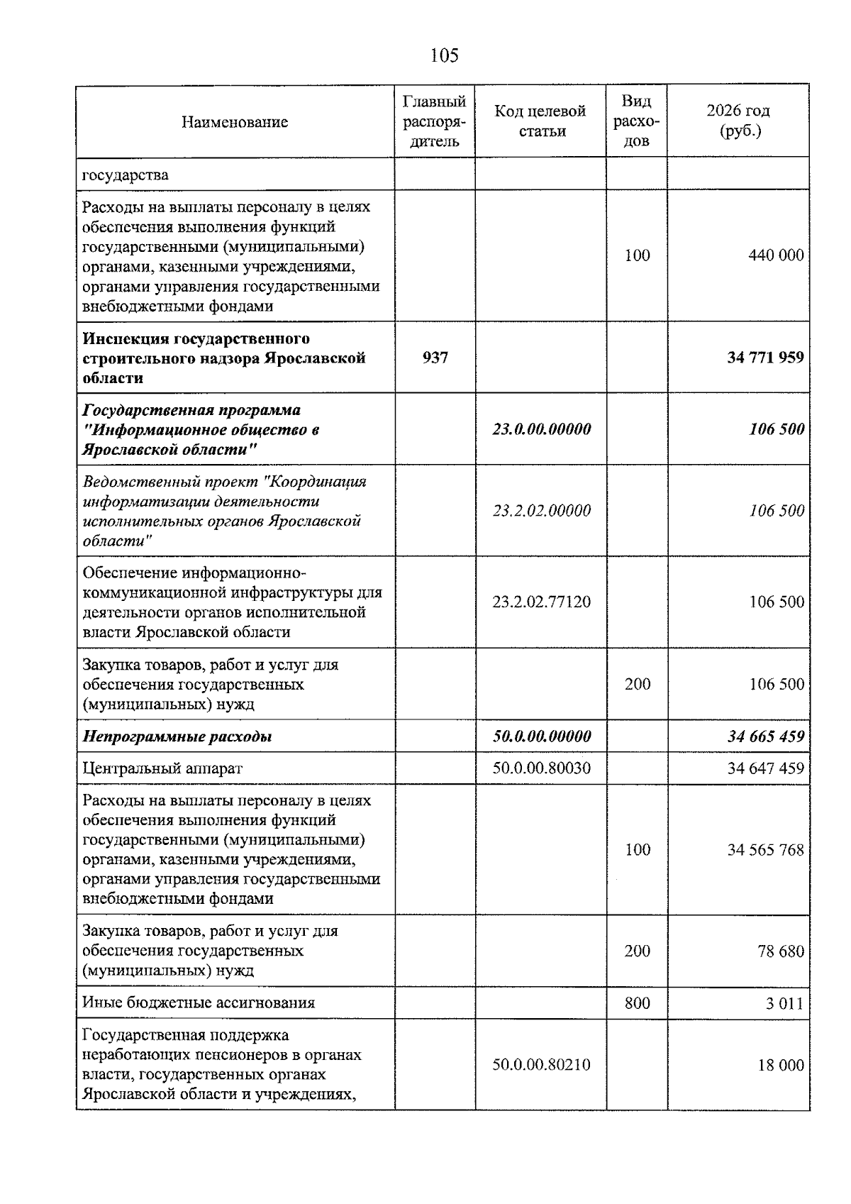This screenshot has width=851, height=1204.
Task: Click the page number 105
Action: pyautogui.click(x=445, y=55)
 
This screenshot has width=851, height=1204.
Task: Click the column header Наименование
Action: pyautogui.click(x=235, y=122)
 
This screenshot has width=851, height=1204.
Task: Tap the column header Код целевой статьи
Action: pyautogui.click(x=541, y=121)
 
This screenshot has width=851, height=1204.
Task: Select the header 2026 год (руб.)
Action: pyautogui.click(x=738, y=121)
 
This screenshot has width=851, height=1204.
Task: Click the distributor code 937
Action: pyautogui.click(x=435, y=358)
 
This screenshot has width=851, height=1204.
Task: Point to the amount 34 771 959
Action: pyautogui.click(x=765, y=358)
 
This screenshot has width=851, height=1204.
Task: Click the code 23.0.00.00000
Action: pyautogui.click(x=541, y=429)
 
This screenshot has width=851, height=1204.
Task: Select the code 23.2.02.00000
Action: pyautogui.click(x=541, y=511)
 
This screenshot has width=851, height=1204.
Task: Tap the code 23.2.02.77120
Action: pyautogui.click(x=541, y=602)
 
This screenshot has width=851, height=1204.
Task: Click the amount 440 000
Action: pyautogui.click(x=776, y=255)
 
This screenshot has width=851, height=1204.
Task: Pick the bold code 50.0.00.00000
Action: pyautogui.click(x=541, y=736)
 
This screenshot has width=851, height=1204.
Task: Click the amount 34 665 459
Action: pyautogui.click(x=765, y=736)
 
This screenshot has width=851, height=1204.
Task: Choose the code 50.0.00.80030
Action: pyautogui.click(x=541, y=768)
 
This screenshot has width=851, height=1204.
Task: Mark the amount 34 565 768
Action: pyautogui.click(x=765, y=850)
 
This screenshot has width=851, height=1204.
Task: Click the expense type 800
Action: pyautogui.click(x=637, y=1003)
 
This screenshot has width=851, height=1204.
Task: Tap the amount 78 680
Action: pyautogui.click(x=781, y=951)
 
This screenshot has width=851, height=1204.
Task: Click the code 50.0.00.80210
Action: pyautogui.click(x=541, y=1065)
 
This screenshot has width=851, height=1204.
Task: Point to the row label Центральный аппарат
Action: pyautogui.click(x=162, y=768)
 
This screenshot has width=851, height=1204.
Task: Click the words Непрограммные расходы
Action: pyautogui.click(x=177, y=736)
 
